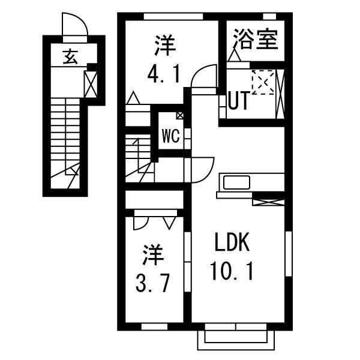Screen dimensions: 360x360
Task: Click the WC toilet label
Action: point(170,136)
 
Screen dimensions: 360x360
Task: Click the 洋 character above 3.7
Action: point(153,255)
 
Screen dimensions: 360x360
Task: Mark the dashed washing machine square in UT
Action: point(262,82)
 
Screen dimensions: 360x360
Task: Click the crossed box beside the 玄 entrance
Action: point(91,84)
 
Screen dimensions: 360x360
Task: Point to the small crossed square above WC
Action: point(180,116)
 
